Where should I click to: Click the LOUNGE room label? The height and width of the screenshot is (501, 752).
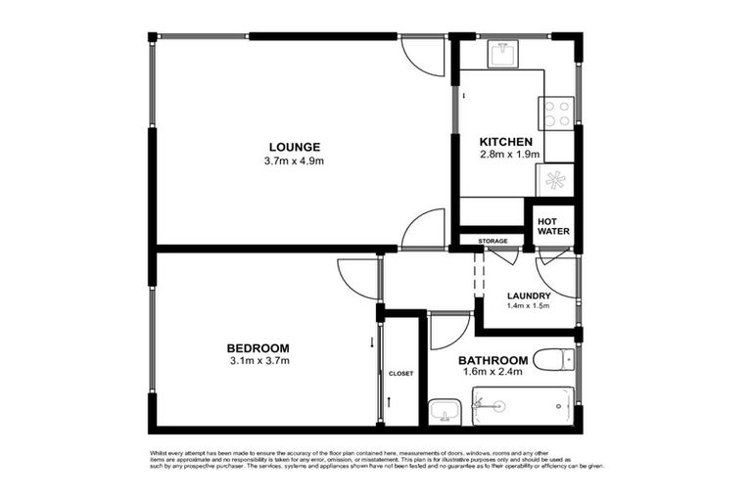294,147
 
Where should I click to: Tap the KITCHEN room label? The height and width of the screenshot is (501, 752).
505,142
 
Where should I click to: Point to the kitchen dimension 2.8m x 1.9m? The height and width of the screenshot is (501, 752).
505,156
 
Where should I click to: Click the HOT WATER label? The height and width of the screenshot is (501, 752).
553,226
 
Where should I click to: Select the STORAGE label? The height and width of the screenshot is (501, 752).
493,241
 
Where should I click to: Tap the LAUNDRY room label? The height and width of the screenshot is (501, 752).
529,296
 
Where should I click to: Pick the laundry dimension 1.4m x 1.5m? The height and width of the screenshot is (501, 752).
529,306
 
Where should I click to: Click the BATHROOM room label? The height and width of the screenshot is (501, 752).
494,359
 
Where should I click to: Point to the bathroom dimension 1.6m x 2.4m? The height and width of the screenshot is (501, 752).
493,372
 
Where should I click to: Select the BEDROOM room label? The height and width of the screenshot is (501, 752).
258,348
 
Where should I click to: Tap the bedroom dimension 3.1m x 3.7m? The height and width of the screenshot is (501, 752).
258,362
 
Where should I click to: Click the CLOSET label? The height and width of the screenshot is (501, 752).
400,373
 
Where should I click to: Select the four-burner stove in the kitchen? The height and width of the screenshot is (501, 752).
558,114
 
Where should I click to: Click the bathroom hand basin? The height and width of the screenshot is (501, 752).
444,410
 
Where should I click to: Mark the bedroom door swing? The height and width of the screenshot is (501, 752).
358,278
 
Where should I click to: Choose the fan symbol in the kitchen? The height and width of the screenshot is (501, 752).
556,180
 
